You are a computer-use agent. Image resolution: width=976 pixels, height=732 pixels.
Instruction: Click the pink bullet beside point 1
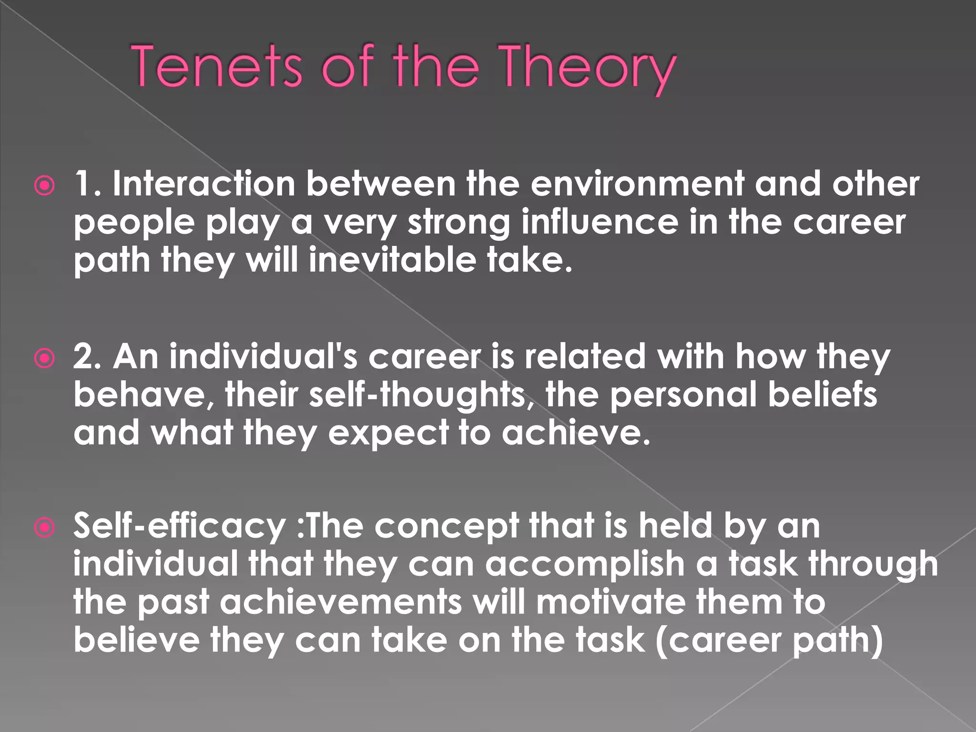tap(45, 185)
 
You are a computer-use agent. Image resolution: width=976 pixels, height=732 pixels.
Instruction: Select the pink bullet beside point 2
tap(45, 358)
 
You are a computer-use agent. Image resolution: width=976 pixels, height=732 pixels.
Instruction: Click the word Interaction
tap(204, 184)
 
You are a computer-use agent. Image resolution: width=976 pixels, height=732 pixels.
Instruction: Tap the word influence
tap(600, 223)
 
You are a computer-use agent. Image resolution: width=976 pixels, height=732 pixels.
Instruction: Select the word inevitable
tap(392, 260)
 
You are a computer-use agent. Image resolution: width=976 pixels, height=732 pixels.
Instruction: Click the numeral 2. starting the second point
tap(87, 356)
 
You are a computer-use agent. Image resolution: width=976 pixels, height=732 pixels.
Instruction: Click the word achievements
tap(341, 602)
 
